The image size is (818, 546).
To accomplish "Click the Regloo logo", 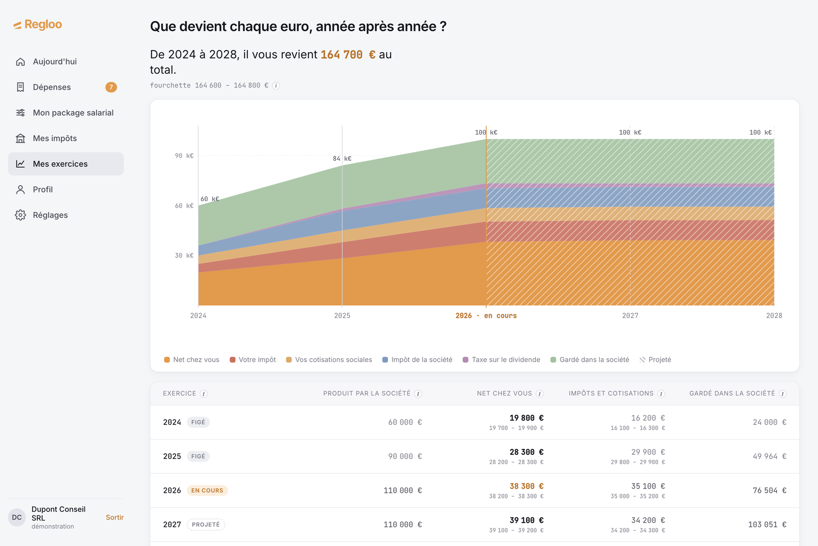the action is (x=38, y=25).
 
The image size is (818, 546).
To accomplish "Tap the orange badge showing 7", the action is (x=111, y=87).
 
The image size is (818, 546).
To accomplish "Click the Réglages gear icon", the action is (x=20, y=215).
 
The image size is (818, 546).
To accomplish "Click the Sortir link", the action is (x=115, y=517).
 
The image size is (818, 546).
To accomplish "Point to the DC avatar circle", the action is (x=17, y=517).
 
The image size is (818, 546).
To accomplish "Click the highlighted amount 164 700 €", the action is (x=348, y=54).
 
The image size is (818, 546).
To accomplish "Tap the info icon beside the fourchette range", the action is (x=276, y=85).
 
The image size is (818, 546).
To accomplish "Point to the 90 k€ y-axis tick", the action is (x=184, y=156).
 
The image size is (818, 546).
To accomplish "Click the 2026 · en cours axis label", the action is (x=486, y=315).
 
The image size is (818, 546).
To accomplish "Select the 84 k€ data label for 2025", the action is (x=342, y=159).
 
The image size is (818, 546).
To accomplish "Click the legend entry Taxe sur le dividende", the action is (x=502, y=360).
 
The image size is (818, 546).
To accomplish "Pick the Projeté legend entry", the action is (x=655, y=360).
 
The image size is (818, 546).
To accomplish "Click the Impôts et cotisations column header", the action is (x=611, y=393).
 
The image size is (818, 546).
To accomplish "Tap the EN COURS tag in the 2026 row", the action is (x=207, y=490).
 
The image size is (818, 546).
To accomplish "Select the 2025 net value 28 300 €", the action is (x=526, y=452).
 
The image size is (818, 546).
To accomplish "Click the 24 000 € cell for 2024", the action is (x=769, y=422).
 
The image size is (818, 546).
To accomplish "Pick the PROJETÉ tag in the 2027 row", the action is (x=206, y=525).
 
